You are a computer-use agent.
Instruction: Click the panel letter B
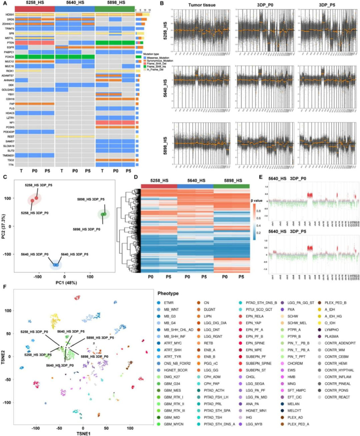[x=162, y=3]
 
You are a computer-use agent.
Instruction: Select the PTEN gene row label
[x=10, y=43]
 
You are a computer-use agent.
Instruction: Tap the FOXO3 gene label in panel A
[x=9, y=57]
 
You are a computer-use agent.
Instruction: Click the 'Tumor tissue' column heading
[x=202, y=5]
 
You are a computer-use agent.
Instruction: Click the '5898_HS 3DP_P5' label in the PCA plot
[x=91, y=199]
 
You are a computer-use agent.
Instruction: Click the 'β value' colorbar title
[x=256, y=201]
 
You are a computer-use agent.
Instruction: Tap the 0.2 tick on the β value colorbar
[x=258, y=233]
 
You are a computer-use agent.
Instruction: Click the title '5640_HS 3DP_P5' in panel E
[x=287, y=231]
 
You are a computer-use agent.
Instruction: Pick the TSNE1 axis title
[x=83, y=433]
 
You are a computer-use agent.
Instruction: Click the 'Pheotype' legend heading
[x=168, y=293]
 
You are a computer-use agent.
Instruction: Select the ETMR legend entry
[x=168, y=303]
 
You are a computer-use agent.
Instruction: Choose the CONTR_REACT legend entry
[x=337, y=397]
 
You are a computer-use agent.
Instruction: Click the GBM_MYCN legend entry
[x=173, y=424]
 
